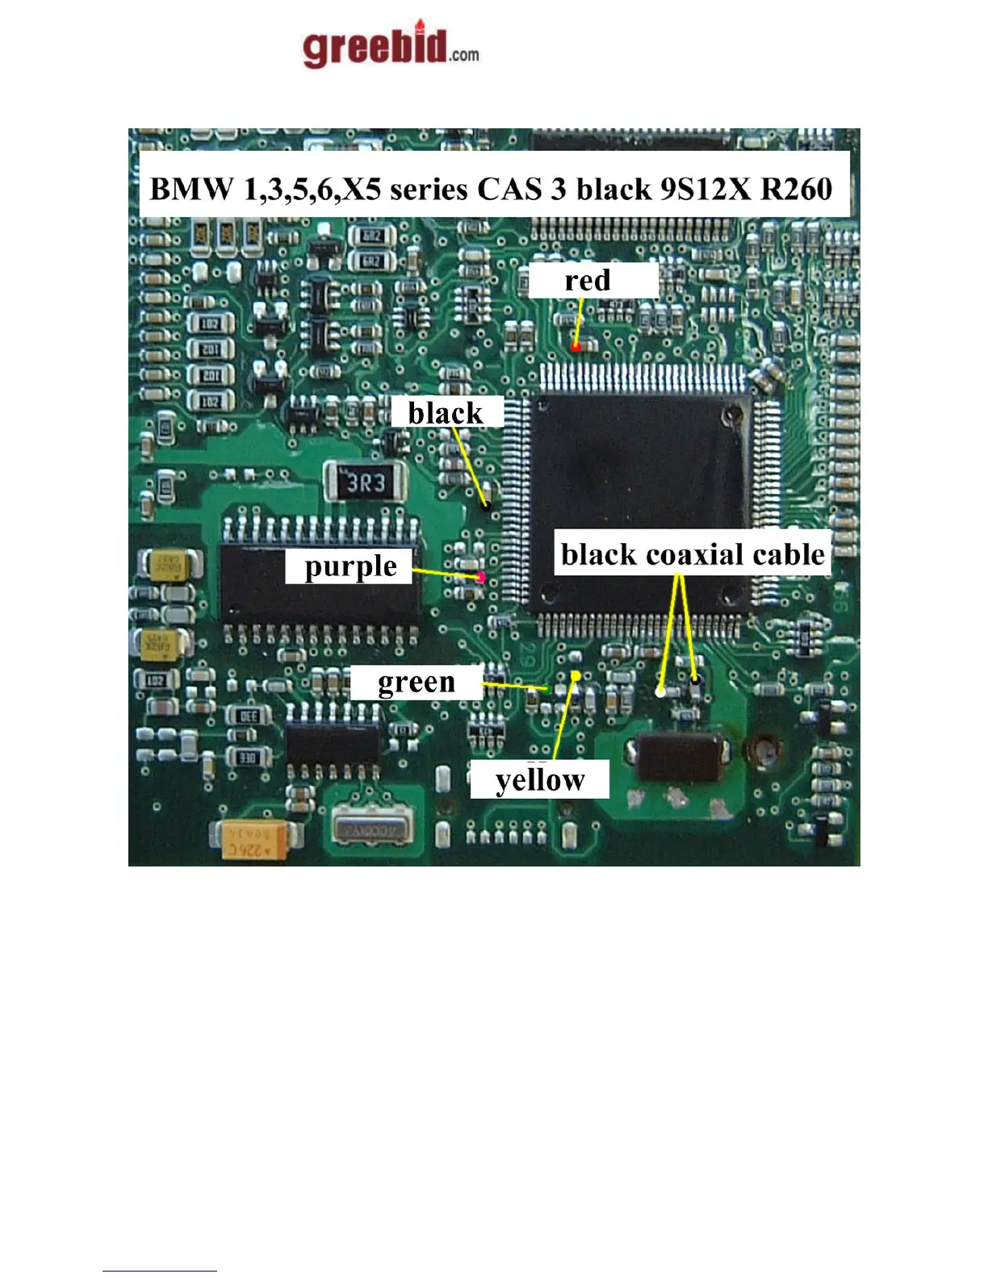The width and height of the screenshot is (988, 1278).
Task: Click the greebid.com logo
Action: (391, 46)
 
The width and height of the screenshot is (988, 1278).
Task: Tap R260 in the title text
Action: (796, 189)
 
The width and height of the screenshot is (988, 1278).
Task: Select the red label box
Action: (592, 281)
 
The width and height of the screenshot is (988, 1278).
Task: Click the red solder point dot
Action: (576, 346)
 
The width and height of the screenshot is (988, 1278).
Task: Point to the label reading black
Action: (446, 413)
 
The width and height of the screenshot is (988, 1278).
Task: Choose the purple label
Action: (350, 566)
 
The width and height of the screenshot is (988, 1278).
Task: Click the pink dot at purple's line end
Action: (481, 577)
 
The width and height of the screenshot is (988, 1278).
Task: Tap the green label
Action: (417, 683)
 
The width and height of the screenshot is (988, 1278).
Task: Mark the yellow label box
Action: (539, 780)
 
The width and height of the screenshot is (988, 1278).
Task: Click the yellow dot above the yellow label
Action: (576, 675)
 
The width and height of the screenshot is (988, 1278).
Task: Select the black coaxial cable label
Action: (693, 554)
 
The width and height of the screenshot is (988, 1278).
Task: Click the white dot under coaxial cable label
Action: (660, 691)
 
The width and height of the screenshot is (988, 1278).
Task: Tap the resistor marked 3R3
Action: (366, 482)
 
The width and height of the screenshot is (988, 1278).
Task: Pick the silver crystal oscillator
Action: (372, 829)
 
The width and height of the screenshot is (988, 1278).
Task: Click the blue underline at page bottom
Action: (160, 1271)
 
